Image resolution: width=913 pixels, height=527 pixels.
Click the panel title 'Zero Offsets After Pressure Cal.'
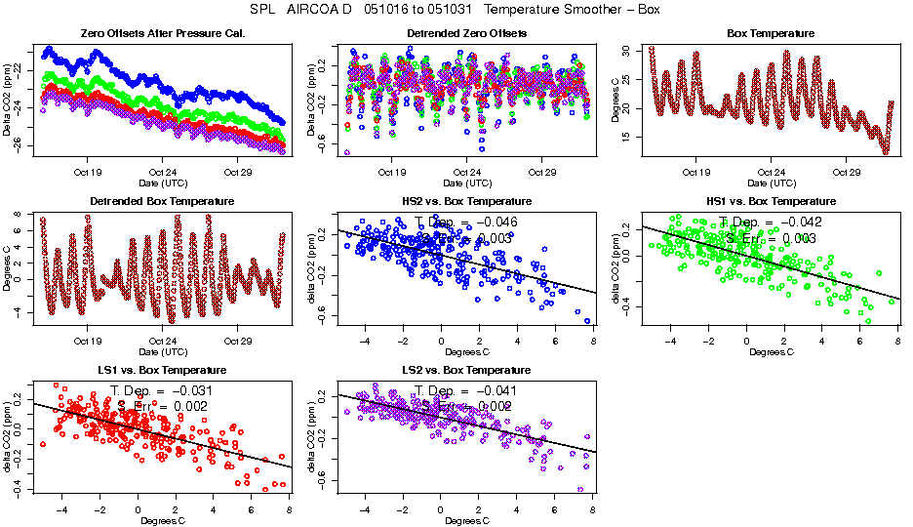pyautogui.click(x=163, y=34)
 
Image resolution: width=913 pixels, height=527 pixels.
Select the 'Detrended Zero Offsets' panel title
pyautogui.click(x=467, y=34)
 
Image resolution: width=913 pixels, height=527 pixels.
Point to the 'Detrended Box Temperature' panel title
pyautogui.click(x=163, y=202)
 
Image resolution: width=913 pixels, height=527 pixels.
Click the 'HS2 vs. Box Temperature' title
pyautogui.click(x=467, y=202)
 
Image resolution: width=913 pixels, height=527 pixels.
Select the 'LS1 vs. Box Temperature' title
pyautogui.click(x=163, y=371)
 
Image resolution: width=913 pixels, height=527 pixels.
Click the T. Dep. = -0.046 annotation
pyautogui.click(x=466, y=223)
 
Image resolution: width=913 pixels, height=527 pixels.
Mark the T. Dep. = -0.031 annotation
pyautogui.click(x=162, y=391)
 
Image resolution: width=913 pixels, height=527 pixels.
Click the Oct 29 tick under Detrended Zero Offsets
pyautogui.click(x=542, y=172)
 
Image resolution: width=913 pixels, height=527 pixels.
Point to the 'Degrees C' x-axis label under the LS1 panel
pyautogui.click(x=163, y=520)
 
